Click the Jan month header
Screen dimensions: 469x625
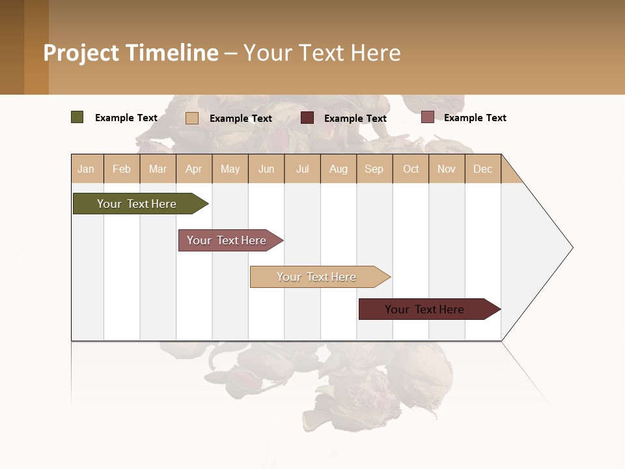86,169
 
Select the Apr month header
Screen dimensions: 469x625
193,169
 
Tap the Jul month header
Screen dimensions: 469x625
302,169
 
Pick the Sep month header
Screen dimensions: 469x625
374,169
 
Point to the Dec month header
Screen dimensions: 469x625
482,169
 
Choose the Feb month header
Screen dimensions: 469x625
122,169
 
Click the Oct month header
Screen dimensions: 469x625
411,169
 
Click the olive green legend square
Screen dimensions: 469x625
77,117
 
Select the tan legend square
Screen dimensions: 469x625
192,118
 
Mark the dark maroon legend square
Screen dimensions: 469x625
307,118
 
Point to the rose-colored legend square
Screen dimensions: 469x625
428,117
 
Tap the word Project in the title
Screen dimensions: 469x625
81,53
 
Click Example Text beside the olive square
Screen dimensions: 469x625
126,118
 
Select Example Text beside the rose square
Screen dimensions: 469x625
475,118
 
